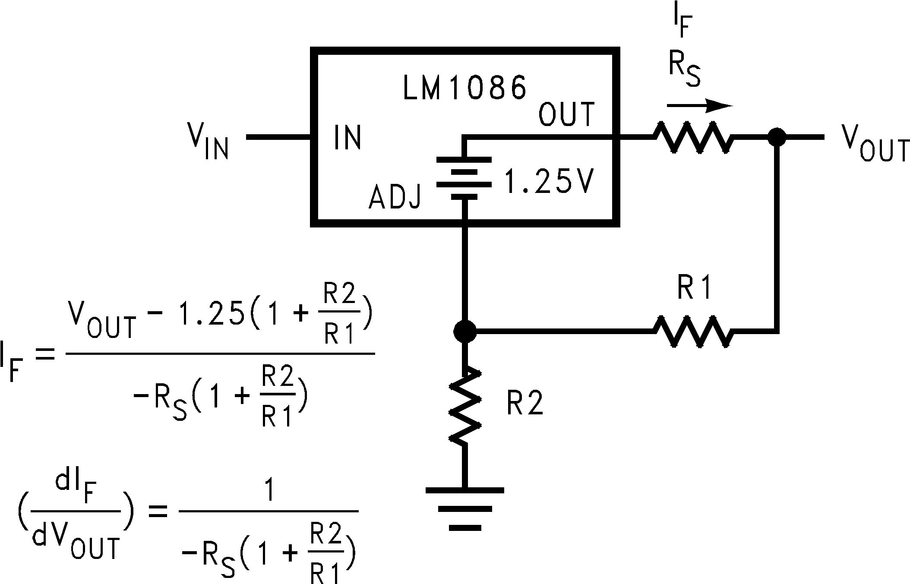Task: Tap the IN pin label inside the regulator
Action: point(348,138)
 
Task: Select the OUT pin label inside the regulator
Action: point(567,114)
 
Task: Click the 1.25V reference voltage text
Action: point(549,181)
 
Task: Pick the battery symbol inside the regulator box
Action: point(464,178)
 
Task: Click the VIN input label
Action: point(208,140)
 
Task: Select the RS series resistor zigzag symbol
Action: point(693,137)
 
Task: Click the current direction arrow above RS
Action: point(699,105)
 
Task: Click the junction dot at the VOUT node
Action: point(777,137)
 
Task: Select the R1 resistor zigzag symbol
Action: point(693,331)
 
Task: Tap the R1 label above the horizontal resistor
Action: point(693,287)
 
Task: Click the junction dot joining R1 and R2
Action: point(465,331)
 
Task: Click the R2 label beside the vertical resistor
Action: point(525,403)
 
